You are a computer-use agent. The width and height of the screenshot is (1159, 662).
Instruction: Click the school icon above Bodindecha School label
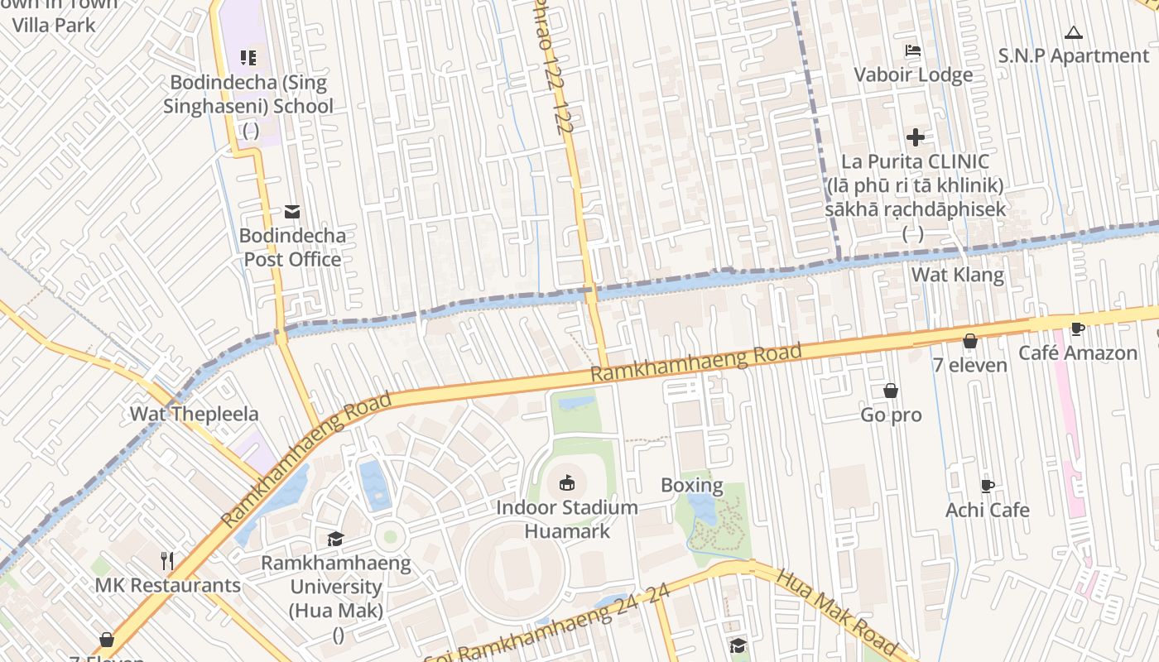coord(248,57)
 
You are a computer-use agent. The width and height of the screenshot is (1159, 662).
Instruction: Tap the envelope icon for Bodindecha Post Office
coord(291,211)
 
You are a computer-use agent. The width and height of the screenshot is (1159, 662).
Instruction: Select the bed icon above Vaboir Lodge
coord(913,50)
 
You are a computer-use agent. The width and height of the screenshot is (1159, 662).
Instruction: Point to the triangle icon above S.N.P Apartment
coord(1074,33)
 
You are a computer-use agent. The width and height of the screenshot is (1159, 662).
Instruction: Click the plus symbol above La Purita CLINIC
coord(915,137)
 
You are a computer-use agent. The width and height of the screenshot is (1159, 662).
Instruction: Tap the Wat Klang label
coord(957,275)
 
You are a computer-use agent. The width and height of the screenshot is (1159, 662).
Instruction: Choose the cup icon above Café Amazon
coord(1077,329)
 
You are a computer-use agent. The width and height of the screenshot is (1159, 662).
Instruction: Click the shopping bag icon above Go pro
coord(891,391)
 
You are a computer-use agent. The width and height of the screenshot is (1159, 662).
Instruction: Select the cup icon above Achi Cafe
coord(987,486)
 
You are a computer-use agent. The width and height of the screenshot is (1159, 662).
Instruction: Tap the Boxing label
coord(691,485)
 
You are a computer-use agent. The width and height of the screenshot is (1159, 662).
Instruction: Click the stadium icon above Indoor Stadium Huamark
coord(567,482)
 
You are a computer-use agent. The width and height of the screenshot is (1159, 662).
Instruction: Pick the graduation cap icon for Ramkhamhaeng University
coord(335,539)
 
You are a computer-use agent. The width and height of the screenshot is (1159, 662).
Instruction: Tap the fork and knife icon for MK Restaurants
coord(167,560)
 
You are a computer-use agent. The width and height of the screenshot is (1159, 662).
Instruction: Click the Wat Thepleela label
coord(194,414)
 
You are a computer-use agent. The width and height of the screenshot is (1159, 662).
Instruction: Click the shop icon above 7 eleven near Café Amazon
coord(969,341)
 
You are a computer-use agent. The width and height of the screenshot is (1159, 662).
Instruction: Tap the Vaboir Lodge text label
coord(913,74)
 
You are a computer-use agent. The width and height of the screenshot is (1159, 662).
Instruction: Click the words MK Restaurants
coord(167,585)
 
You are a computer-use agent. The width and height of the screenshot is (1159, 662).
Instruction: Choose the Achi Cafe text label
coord(987,510)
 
